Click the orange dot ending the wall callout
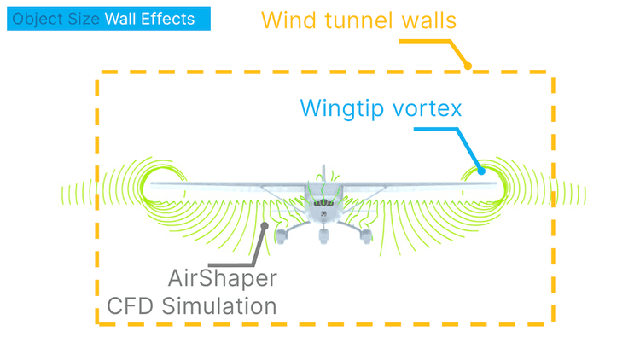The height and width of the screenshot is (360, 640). click(x=468, y=65)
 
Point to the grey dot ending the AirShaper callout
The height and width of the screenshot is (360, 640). click(x=265, y=227)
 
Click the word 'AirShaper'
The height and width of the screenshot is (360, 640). click(x=223, y=277)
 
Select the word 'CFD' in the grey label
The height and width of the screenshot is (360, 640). click(x=133, y=305)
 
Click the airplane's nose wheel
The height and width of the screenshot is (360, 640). click(x=323, y=236)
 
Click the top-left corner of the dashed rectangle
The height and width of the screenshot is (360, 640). click(x=98, y=73)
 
